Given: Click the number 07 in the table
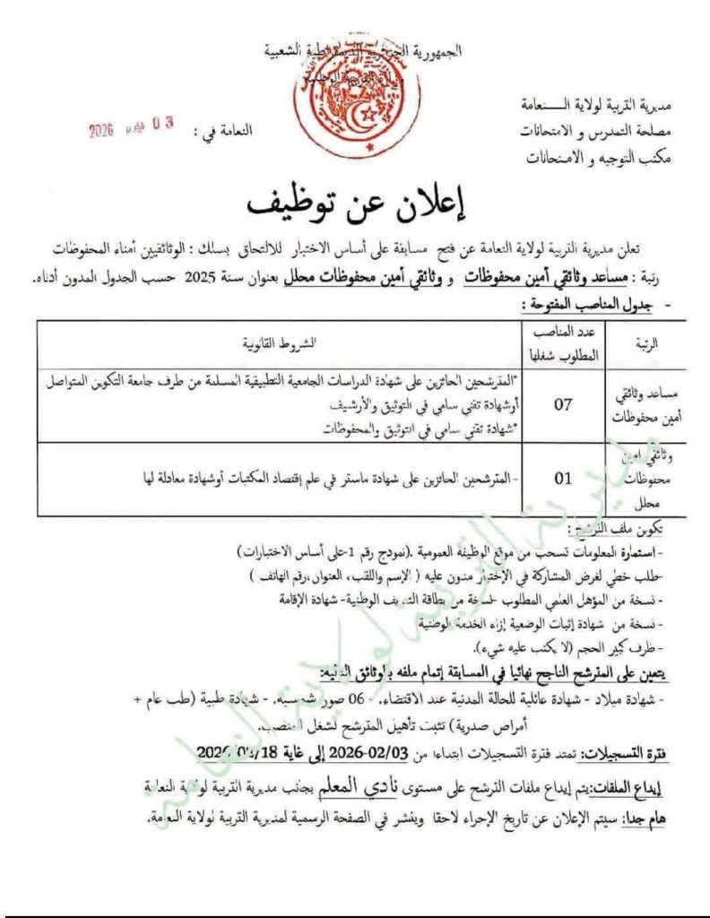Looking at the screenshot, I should (562, 403).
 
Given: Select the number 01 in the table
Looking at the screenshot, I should (562, 479).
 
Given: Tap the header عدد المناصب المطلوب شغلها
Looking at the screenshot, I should (563, 342).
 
